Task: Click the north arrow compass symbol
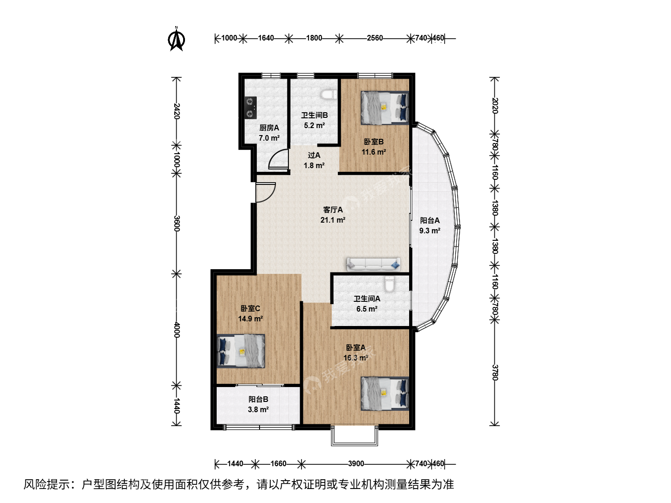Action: tap(177, 39)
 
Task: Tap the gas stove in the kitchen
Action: tap(251, 108)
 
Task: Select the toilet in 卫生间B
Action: tap(329, 95)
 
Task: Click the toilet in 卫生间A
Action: tap(390, 284)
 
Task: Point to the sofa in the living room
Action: tap(373, 265)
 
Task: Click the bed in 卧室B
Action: tap(384, 108)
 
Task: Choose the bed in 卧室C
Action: tap(241, 351)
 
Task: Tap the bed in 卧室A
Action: tap(384, 394)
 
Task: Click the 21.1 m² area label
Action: tap(333, 220)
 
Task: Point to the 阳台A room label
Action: tap(430, 220)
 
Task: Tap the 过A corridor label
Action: tap(314, 155)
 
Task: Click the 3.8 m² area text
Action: tap(258, 409)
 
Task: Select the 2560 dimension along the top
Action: tap(375, 38)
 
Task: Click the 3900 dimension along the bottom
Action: tap(356, 463)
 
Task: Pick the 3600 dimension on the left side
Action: tap(177, 224)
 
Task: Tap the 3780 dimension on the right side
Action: tap(495, 372)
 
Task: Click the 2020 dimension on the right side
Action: tap(495, 106)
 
